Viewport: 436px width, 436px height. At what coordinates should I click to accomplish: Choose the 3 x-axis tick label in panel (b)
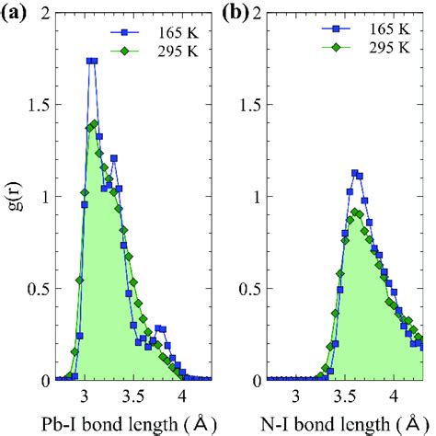coord(296,397)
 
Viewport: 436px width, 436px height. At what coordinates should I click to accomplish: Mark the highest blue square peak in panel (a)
coord(92,61)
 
